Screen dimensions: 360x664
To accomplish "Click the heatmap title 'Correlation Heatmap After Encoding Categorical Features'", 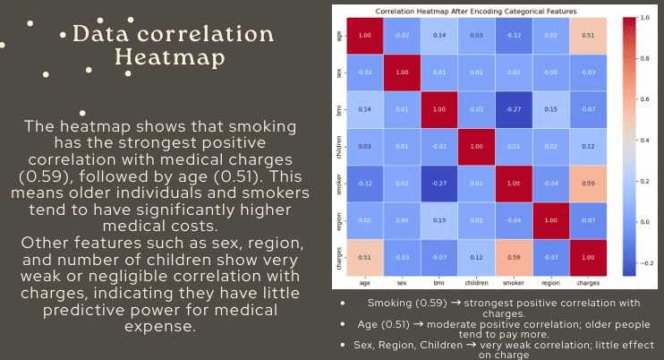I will (477, 11).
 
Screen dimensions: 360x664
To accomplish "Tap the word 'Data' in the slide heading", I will (105, 35).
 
